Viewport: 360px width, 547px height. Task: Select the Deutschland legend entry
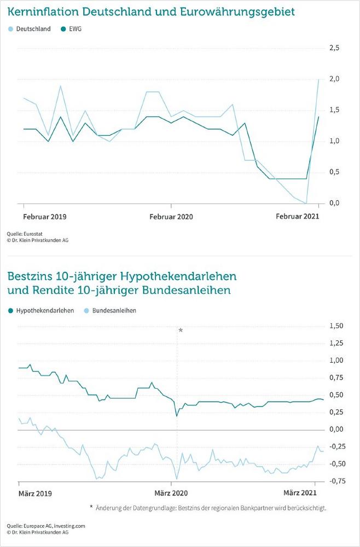(x=32, y=29)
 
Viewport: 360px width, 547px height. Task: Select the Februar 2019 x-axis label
(x=44, y=217)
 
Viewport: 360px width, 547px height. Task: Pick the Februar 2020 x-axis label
(x=171, y=217)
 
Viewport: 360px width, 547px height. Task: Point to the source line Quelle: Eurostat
(x=26, y=232)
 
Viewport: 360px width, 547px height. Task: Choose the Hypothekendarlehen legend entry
(x=45, y=310)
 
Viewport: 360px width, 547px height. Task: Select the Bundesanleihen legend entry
(x=114, y=310)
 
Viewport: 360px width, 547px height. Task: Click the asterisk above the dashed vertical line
(x=181, y=330)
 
